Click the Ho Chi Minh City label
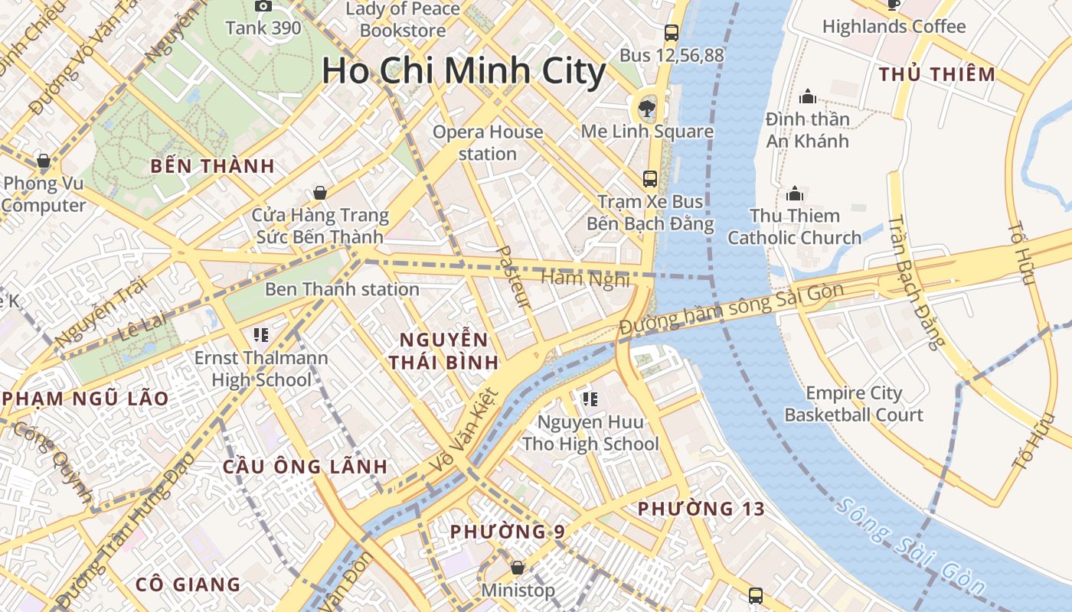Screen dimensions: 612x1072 click(463, 71)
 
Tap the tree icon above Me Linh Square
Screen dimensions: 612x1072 click(648, 106)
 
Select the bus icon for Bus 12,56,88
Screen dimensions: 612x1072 click(672, 32)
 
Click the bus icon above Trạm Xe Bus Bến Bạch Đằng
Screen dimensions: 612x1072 click(650, 179)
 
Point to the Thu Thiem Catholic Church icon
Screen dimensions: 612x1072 click(795, 193)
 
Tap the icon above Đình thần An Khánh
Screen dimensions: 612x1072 click(807, 96)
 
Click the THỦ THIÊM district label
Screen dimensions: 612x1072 click(936, 74)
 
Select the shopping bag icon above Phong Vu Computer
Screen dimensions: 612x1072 click(44, 161)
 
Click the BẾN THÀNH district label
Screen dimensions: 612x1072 click(212, 166)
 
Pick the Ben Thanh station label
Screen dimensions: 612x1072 click(342, 289)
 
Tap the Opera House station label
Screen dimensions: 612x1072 click(488, 142)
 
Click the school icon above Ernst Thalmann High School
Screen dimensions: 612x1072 click(260, 334)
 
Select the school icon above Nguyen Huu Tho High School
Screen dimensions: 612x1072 click(590, 399)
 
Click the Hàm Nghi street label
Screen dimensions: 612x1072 click(585, 278)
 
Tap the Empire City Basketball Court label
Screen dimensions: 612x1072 click(854, 404)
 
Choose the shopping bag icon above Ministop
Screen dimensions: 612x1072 click(518, 568)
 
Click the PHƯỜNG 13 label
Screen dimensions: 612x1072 click(701, 509)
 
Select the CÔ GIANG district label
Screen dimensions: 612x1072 click(188, 584)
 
